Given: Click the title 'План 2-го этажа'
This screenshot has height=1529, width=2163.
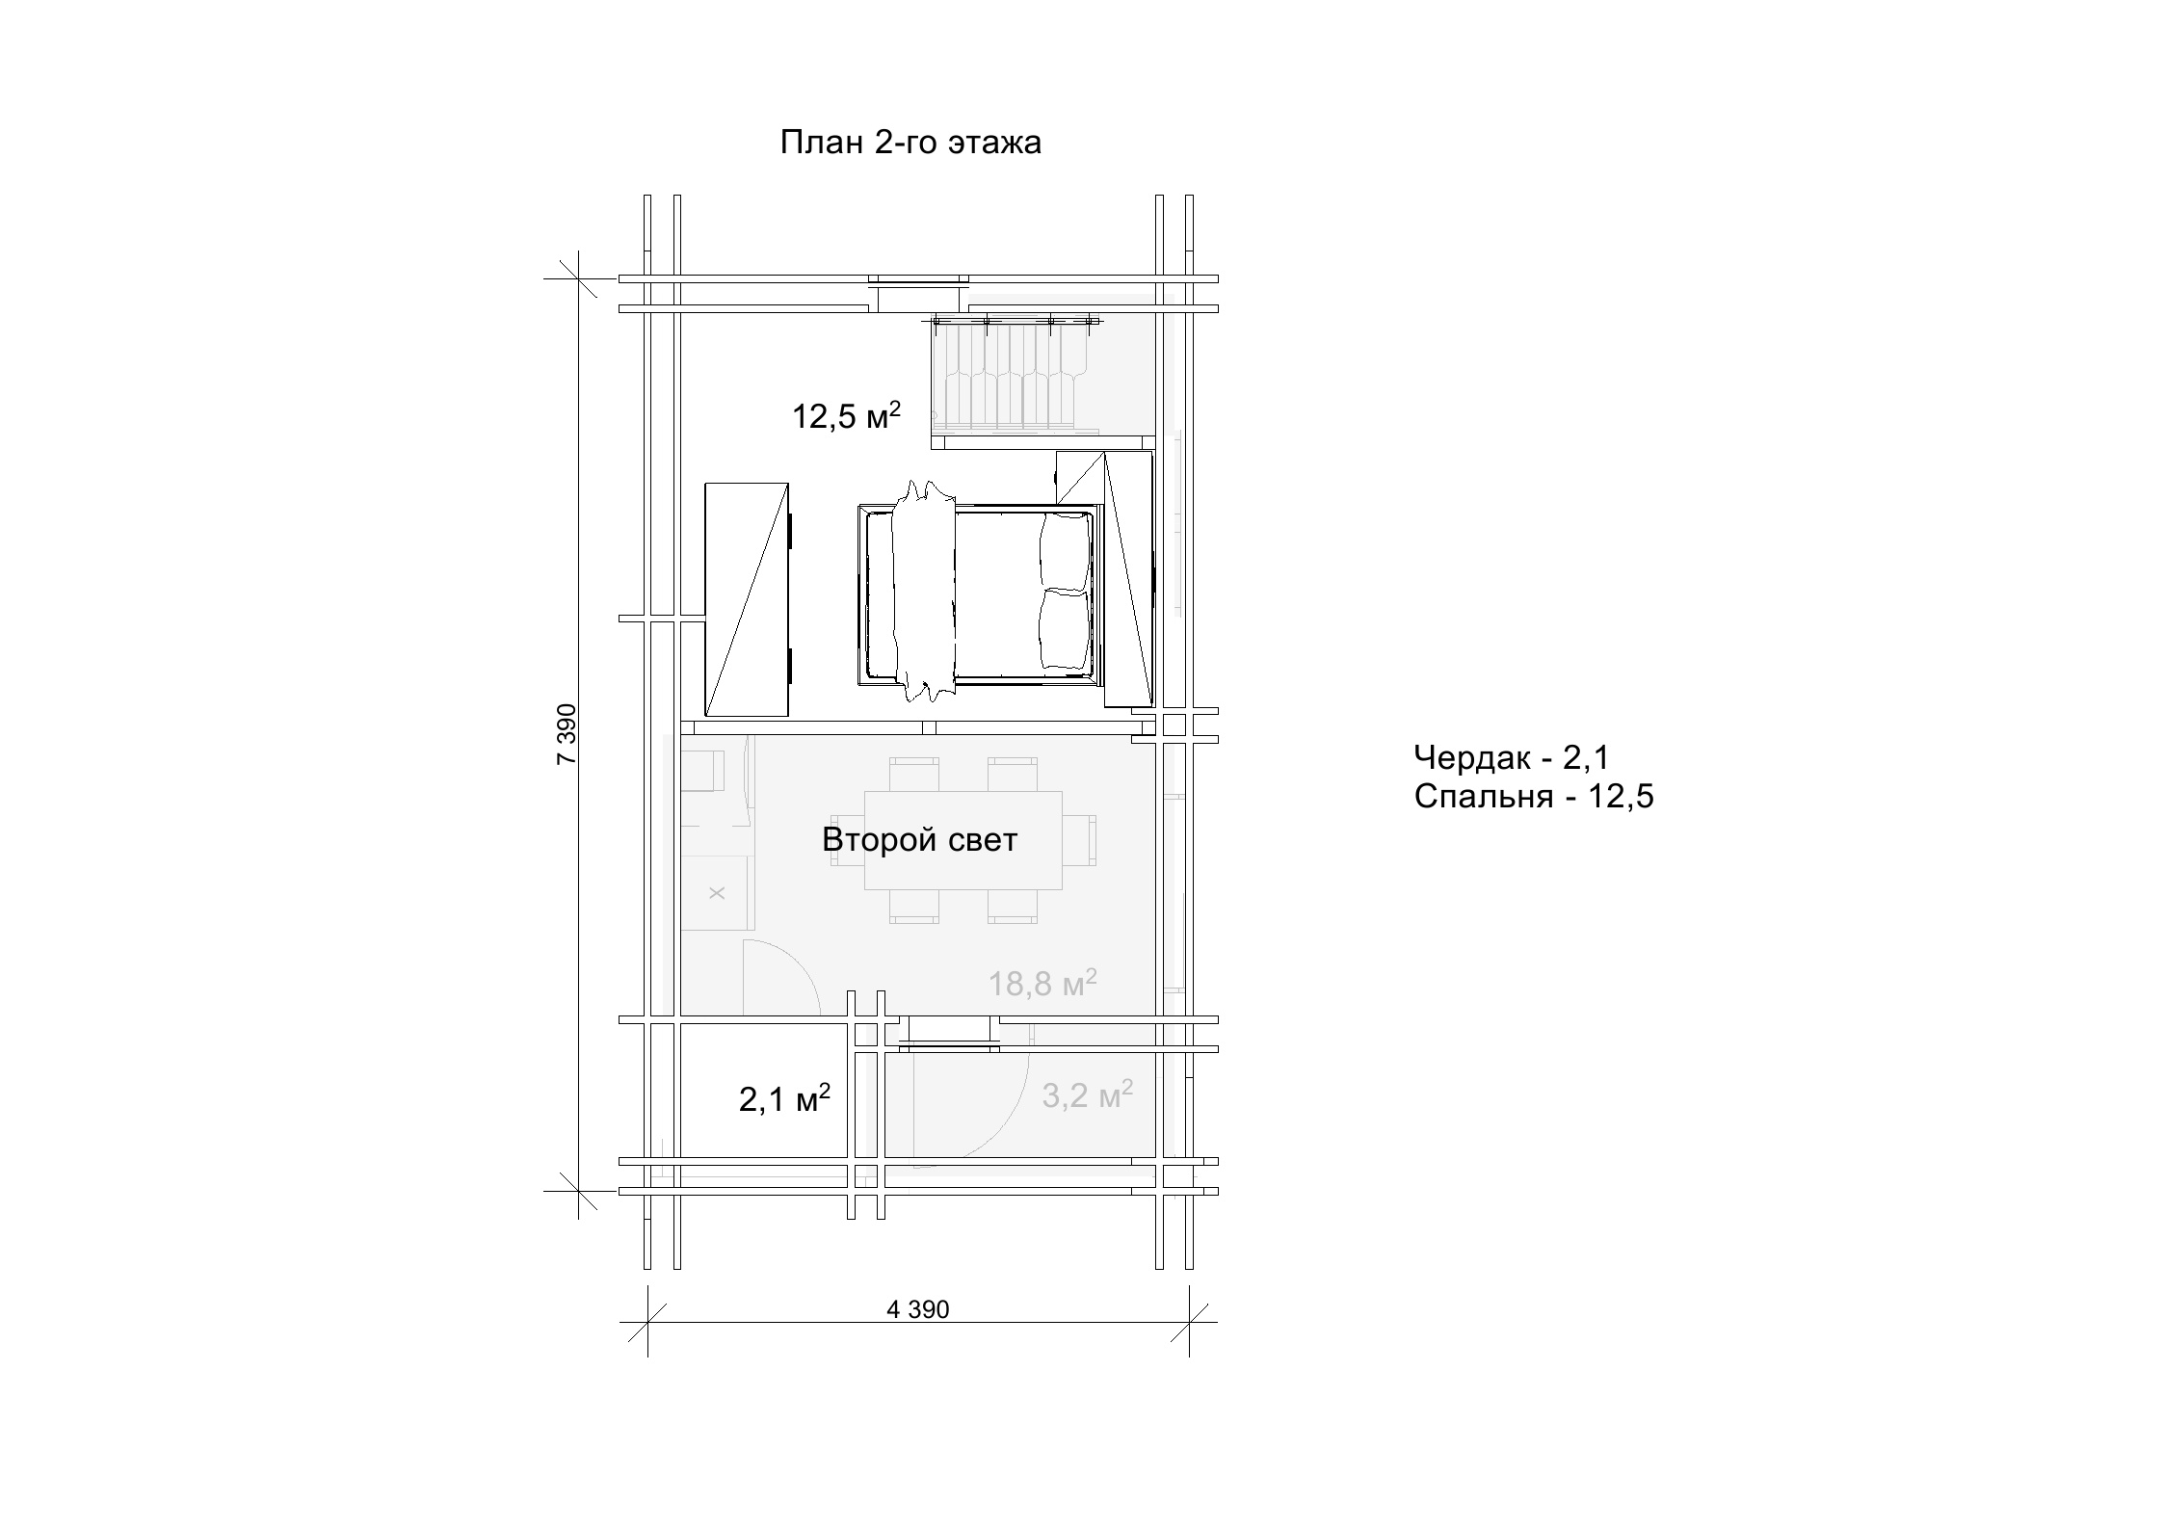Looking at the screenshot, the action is (910, 143).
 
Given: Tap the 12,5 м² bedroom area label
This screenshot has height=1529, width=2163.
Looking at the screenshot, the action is (846, 416).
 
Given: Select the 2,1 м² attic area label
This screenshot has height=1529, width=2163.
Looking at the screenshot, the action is (784, 1099).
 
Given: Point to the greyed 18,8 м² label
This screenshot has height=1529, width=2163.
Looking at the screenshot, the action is (1042, 983).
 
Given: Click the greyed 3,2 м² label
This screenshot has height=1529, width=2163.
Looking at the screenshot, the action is (1087, 1094).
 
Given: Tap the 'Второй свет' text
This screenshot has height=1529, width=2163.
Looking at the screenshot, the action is (919, 839).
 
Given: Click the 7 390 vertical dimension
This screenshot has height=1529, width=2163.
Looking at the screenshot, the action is (567, 734).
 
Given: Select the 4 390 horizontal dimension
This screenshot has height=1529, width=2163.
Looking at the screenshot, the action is (917, 1309).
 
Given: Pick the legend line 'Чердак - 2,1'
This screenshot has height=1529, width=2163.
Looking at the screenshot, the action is (1511, 757).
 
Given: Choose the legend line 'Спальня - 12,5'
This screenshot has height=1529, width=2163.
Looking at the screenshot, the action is (1534, 797).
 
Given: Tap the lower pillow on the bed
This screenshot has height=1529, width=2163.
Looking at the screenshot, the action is (1064, 628).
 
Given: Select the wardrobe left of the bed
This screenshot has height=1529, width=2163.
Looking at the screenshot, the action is (747, 599).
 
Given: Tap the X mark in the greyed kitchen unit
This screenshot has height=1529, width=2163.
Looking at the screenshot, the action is (717, 893).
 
